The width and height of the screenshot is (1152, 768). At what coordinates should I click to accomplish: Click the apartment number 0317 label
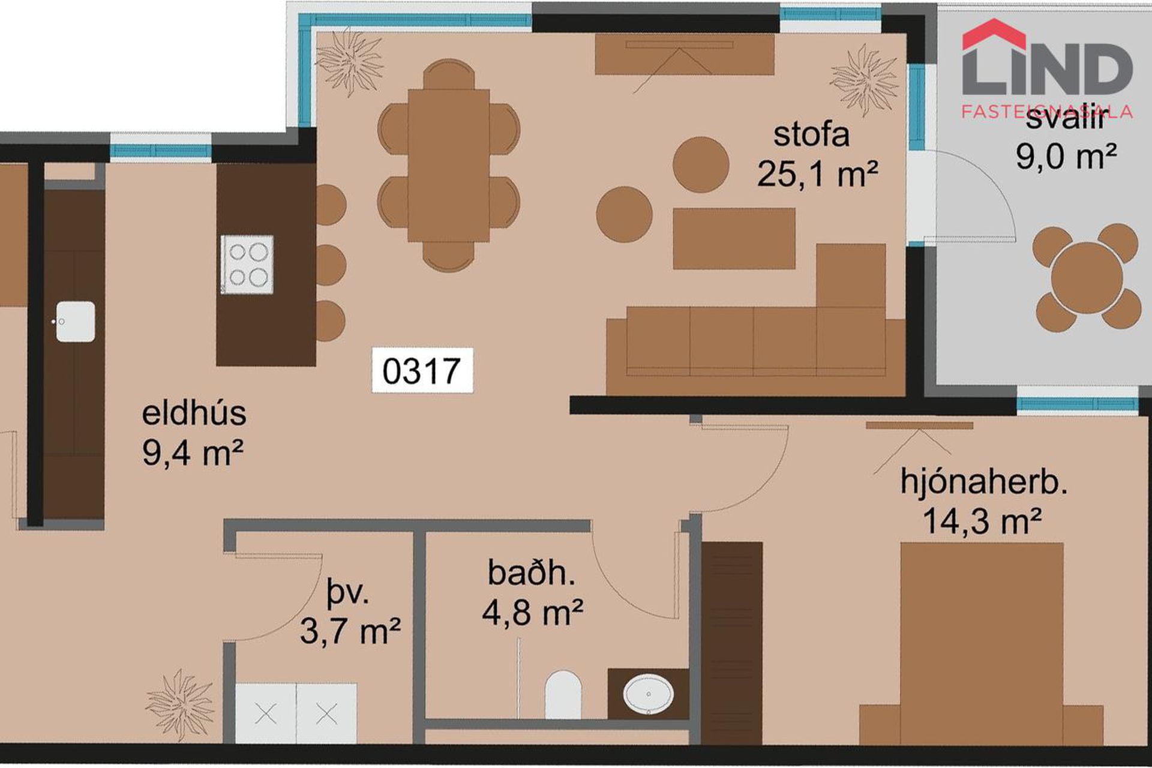pos(422,371)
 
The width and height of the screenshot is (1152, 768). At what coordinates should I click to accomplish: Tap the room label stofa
pos(811,134)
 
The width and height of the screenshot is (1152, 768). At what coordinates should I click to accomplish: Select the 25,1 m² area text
pos(817,174)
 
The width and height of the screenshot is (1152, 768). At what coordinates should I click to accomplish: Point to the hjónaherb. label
pos(983,482)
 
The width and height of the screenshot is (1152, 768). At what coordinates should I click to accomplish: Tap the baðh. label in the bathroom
pos(532,572)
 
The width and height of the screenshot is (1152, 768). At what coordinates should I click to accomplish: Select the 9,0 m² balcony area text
pos(1066,157)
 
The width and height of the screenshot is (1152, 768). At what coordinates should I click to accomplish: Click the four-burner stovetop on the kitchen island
pos(247,264)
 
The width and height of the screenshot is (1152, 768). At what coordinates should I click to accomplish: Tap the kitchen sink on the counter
pos(76,322)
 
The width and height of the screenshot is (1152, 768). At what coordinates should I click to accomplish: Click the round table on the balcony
pos(1087,277)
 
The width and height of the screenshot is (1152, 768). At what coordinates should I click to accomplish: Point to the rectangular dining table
pos(448,165)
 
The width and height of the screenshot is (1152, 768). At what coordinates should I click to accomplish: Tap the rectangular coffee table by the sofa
pos(734,238)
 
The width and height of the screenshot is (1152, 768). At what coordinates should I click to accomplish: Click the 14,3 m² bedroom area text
pos(981,521)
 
